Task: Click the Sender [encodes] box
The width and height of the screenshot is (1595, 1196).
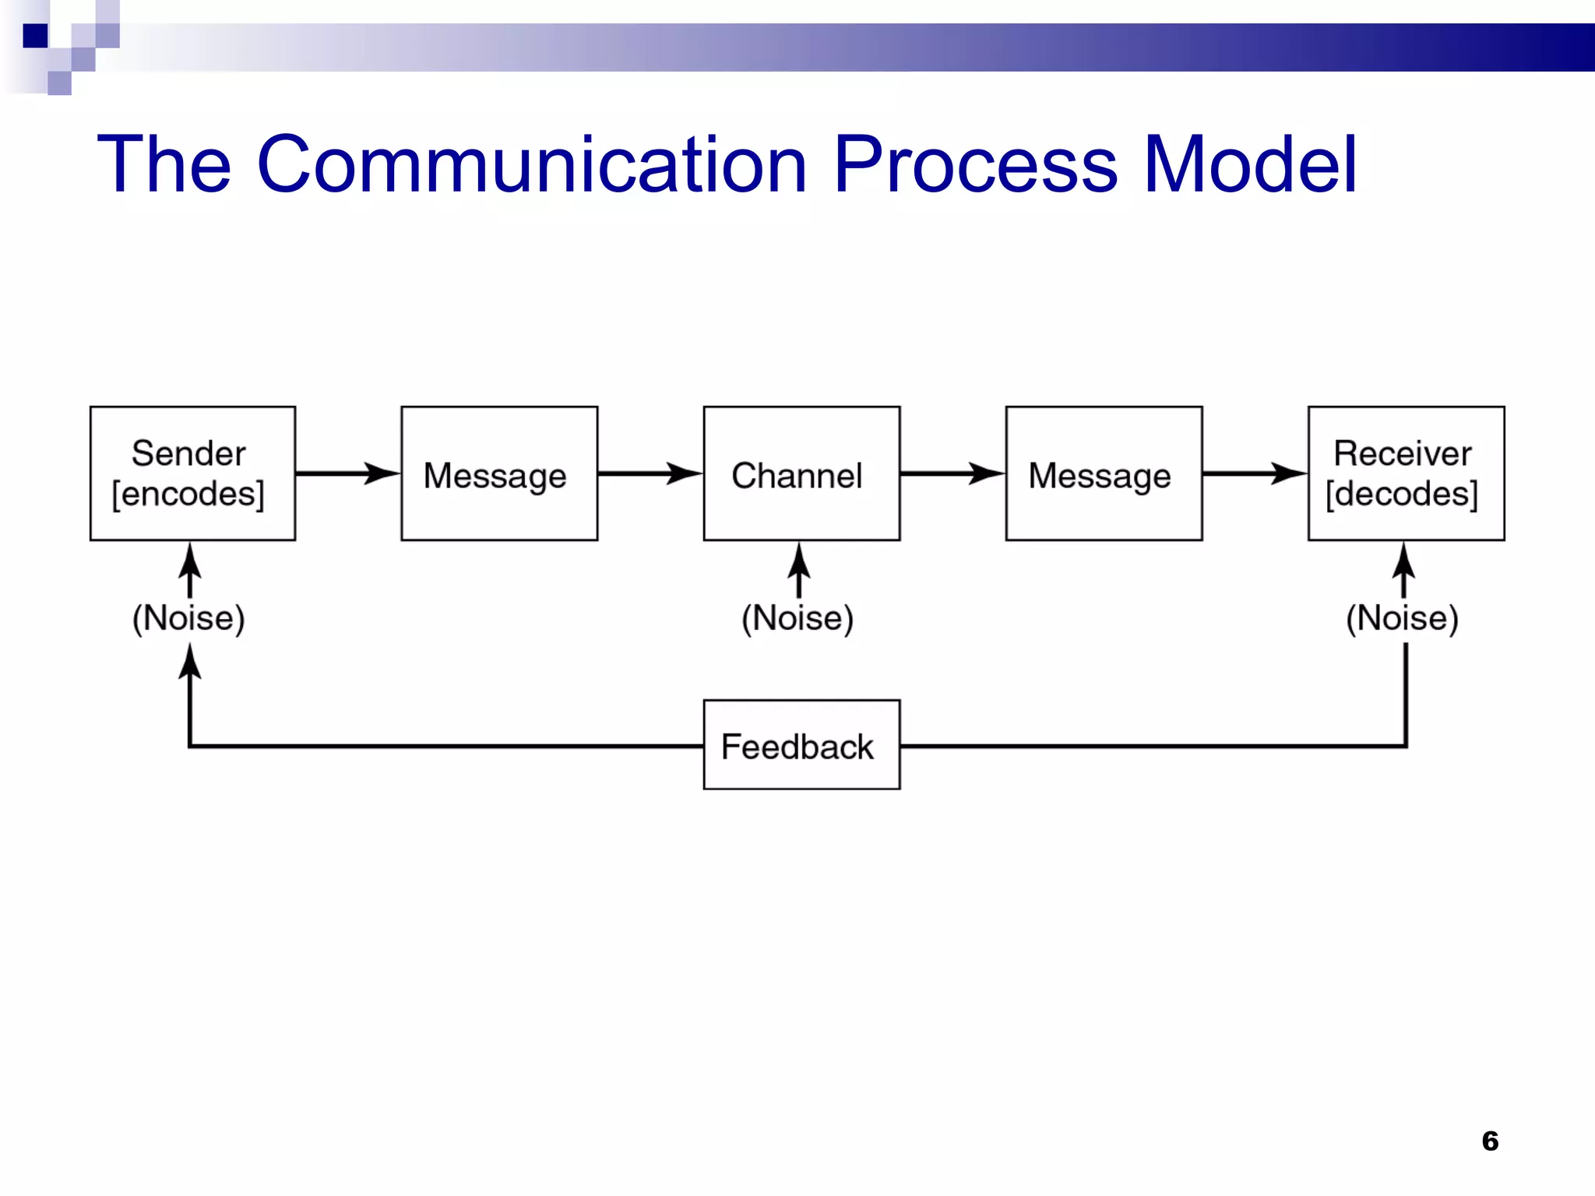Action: [x=192, y=473]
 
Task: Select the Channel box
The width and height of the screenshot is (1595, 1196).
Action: [x=801, y=473]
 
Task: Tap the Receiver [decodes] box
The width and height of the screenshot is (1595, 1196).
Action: [x=1406, y=473]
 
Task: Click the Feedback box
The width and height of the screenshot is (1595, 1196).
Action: [x=801, y=744]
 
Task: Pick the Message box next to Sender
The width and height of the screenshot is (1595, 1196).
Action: [x=499, y=473]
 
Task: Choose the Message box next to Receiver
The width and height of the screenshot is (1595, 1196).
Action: [x=1104, y=473]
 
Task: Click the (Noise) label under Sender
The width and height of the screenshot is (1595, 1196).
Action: [x=188, y=618]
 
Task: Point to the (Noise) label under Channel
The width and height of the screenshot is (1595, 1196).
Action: [x=797, y=618]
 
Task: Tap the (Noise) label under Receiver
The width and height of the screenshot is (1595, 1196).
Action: [x=1402, y=618]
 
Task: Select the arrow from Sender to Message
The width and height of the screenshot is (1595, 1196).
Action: [x=347, y=473]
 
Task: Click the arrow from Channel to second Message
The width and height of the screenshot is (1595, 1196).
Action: [x=952, y=473]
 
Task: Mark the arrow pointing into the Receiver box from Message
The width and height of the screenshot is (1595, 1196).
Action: [x=1254, y=473]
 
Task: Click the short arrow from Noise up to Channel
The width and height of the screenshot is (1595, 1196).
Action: [x=798, y=571]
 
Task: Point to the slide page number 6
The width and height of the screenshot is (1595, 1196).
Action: [x=1490, y=1141]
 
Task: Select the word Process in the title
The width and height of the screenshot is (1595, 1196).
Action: [x=976, y=165]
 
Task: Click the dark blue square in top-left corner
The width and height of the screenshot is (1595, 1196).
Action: [x=35, y=36]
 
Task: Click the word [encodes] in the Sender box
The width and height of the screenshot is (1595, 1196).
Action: [x=188, y=494]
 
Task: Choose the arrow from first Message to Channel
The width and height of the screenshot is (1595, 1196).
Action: [x=650, y=473]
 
